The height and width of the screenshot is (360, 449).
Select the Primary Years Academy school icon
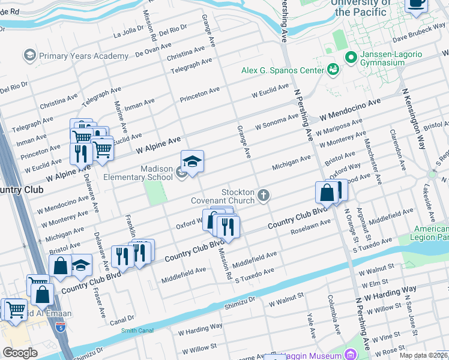(29, 56)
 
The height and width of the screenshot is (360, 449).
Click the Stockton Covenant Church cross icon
(264, 195)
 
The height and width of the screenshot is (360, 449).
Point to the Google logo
(20, 353)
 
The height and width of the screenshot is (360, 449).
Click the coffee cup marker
(415, 3)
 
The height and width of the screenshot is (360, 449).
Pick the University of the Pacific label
(360, 7)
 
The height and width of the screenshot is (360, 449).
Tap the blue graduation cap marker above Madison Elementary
(193, 162)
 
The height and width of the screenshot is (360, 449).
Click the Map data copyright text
(423, 355)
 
